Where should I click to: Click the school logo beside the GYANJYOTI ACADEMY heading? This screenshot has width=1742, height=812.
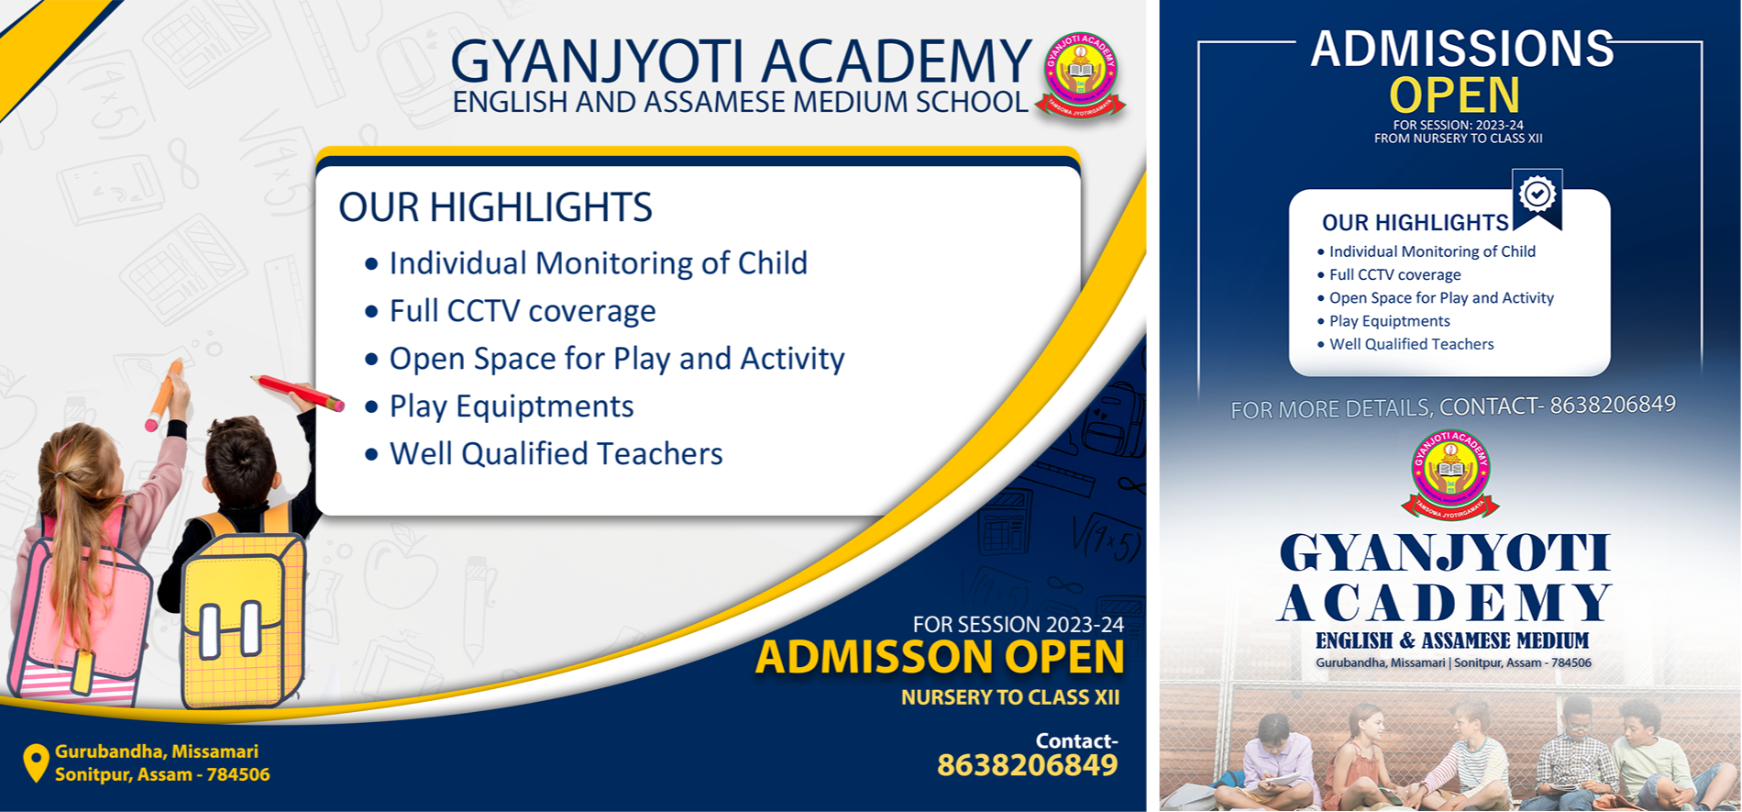point(1080,76)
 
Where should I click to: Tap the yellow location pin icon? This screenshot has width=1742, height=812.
point(36,762)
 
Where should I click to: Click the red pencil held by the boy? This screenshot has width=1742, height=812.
point(298,393)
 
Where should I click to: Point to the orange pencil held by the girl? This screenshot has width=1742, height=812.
point(163,395)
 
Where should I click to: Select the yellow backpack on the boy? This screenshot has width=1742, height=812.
point(243,620)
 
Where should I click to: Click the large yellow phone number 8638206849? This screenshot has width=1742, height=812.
point(1027,765)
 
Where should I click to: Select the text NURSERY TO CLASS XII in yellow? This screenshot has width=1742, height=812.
point(1010,697)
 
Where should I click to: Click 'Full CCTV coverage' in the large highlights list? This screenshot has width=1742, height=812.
point(523,311)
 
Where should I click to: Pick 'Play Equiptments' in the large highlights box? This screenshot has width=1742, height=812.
point(512,406)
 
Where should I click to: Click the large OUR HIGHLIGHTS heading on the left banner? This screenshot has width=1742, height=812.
point(495,207)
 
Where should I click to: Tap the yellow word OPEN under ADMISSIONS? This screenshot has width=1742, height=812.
point(1454,95)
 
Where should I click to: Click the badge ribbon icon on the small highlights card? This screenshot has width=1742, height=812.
point(1538,198)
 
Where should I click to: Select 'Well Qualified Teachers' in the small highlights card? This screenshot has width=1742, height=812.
point(1412,344)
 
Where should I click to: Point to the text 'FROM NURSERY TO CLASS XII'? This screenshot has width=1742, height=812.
point(1458,139)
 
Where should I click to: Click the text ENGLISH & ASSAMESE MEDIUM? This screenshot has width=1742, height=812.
point(1452,640)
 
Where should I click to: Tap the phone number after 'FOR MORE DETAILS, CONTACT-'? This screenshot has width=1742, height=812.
point(1613,405)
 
